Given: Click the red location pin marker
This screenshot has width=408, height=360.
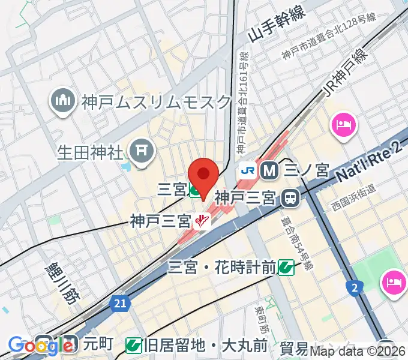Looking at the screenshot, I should tap(203, 175).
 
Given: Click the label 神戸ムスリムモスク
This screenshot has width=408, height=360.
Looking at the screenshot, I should tap(157, 101).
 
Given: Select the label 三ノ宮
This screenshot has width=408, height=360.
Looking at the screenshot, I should tap(307, 171).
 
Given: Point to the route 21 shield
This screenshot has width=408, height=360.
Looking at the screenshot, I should tap(120, 305).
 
